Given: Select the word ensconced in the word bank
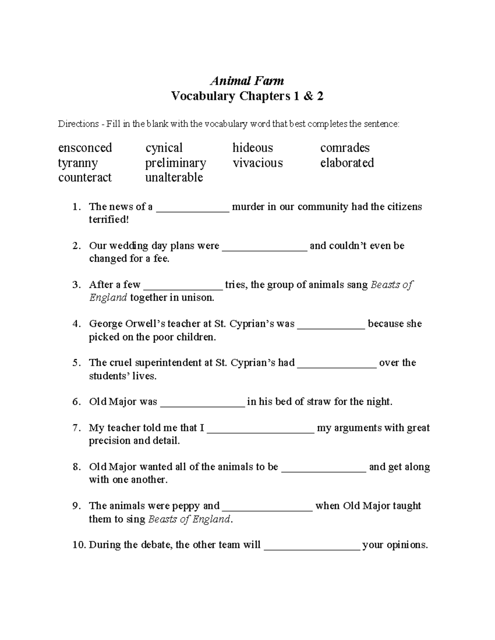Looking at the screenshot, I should click(85, 148).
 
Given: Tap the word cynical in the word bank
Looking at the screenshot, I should click(164, 148).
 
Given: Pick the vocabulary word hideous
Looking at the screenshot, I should click(252, 148).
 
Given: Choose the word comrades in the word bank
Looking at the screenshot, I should click(345, 148).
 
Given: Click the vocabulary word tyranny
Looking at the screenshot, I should click(78, 163).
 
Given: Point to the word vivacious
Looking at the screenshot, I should click(257, 163).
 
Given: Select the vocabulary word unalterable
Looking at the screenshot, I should click(174, 178).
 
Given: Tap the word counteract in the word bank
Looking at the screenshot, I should click(85, 178).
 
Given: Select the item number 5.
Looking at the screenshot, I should click(76, 363).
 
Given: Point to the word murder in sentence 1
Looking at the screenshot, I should click(248, 206).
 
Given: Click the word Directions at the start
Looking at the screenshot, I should click(78, 124).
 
